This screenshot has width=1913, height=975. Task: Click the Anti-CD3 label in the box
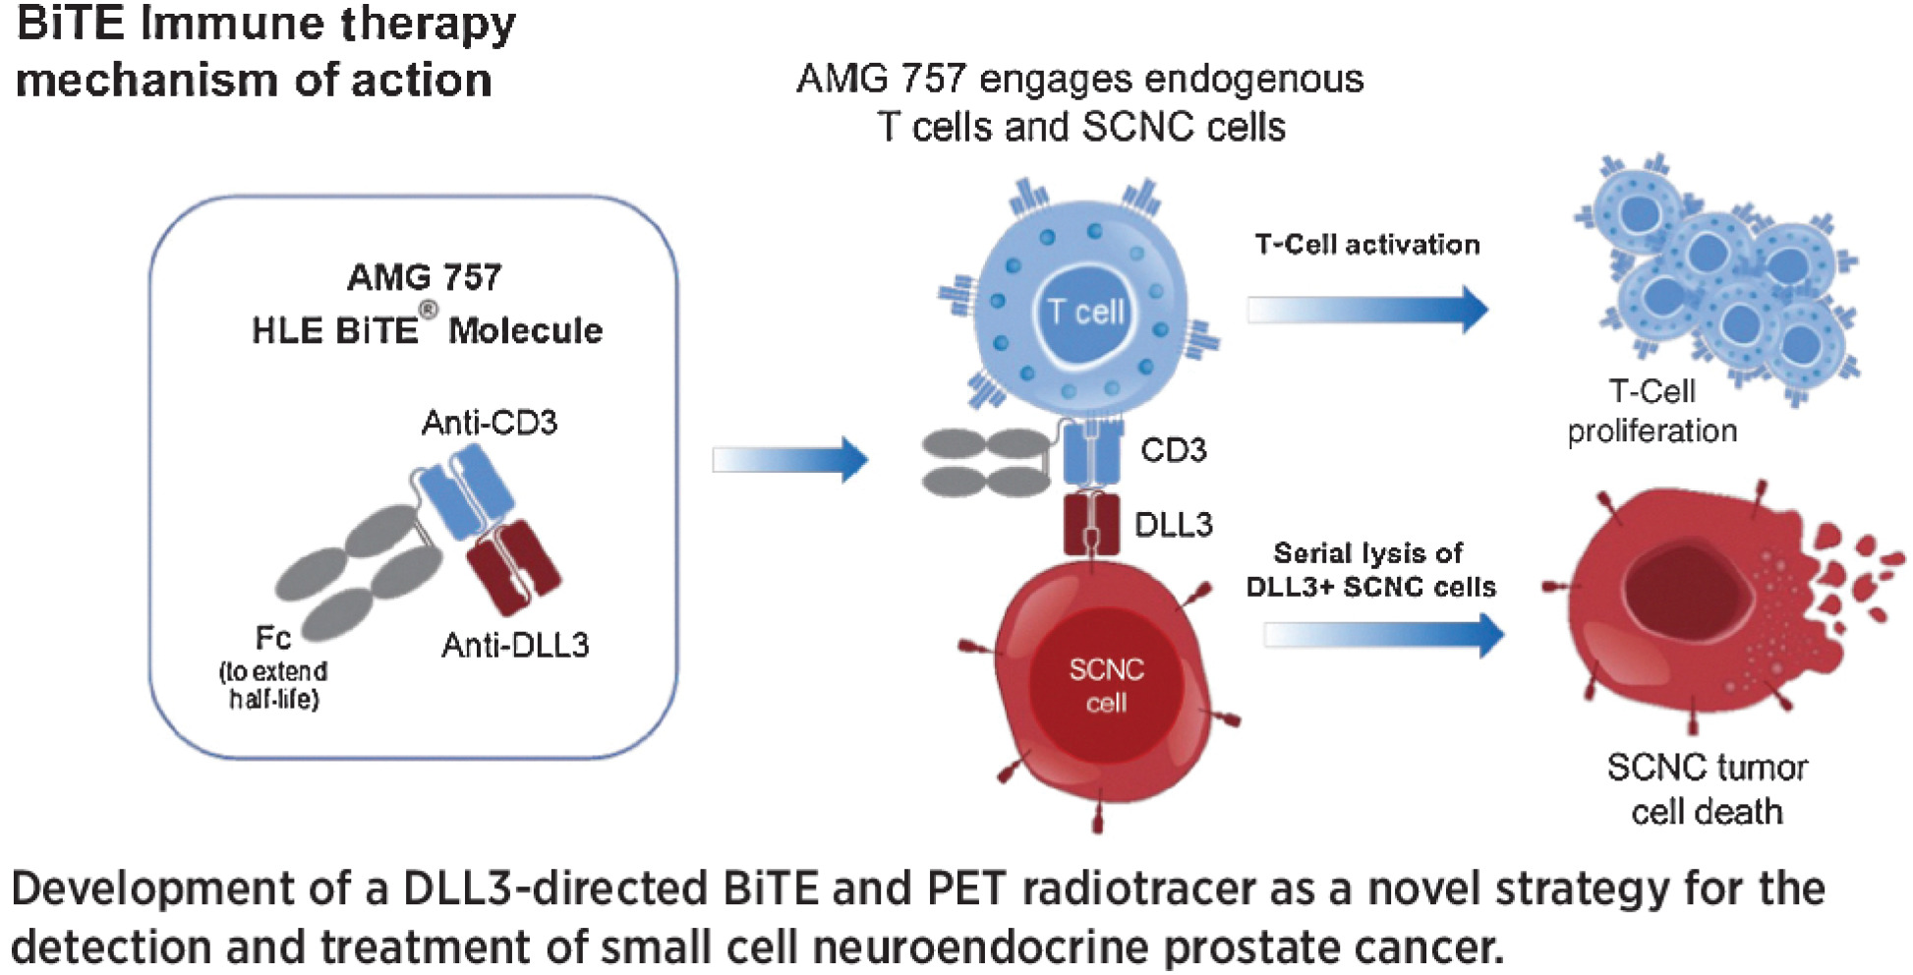click(489, 423)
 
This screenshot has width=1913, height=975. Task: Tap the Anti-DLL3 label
click(515, 645)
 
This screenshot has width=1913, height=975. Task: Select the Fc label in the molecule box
click(272, 638)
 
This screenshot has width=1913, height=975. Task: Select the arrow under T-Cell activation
click(1366, 310)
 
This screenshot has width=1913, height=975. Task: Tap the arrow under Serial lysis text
click(1382, 634)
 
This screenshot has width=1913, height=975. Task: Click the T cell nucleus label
click(1085, 313)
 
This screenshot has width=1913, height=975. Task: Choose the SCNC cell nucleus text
click(1106, 686)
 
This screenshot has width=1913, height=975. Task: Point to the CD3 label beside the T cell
click(1173, 450)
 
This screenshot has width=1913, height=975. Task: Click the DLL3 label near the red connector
click(1173, 525)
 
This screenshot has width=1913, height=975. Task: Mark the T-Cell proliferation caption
click(1652, 411)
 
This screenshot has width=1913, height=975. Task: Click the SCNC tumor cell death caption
click(1707, 789)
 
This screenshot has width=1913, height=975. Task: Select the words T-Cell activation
click(1366, 244)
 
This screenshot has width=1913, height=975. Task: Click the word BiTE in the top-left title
click(71, 24)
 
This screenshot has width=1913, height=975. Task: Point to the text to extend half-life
click(273, 685)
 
